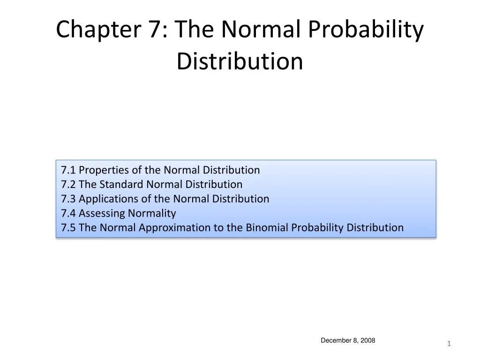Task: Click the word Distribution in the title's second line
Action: [240, 61]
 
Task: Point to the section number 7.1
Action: [68, 170]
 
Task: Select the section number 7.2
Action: [68, 184]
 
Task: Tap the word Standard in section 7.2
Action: [122, 184]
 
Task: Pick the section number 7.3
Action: [68, 199]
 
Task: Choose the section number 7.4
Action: [68, 213]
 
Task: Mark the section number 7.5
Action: [68, 228]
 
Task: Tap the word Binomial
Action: [267, 228]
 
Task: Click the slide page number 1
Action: [449, 345]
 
